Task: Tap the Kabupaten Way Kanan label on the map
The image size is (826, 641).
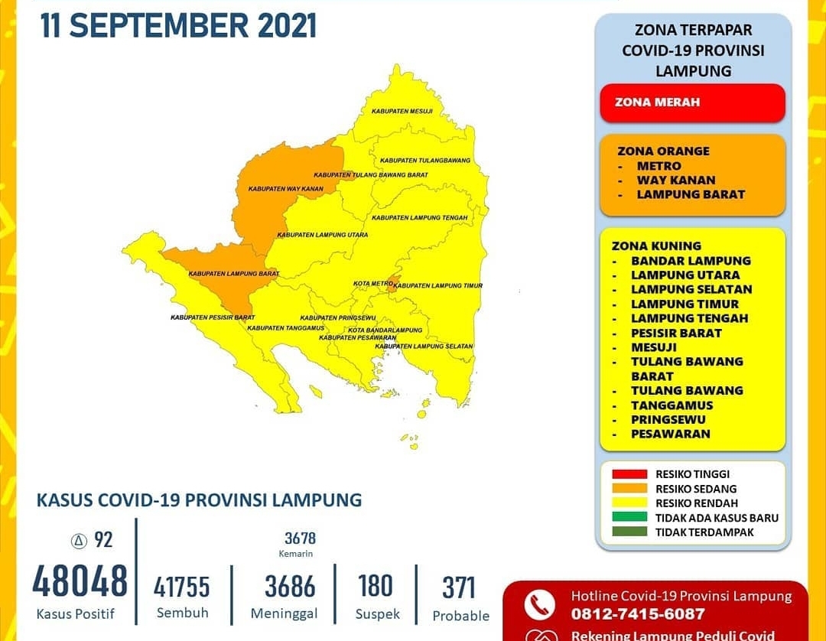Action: [x=285, y=188]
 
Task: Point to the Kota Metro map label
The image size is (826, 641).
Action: [x=372, y=284]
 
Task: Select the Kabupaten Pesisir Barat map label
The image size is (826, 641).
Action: [x=213, y=317]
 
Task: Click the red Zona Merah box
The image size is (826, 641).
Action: [x=692, y=102]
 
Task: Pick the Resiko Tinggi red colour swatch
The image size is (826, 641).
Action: [x=629, y=474]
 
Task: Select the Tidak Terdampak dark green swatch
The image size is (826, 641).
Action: [x=629, y=532]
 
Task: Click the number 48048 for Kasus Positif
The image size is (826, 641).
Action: [x=80, y=581]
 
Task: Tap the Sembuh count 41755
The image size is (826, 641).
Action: [x=181, y=587]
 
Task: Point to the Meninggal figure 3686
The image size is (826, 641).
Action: [x=290, y=587]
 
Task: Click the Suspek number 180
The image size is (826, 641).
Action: [x=375, y=587]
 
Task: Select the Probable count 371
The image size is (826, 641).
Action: [x=459, y=587]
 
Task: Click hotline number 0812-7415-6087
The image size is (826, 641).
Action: [x=638, y=614]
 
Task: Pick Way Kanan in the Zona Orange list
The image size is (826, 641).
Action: [x=676, y=181]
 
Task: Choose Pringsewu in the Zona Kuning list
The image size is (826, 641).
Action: [x=668, y=420]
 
